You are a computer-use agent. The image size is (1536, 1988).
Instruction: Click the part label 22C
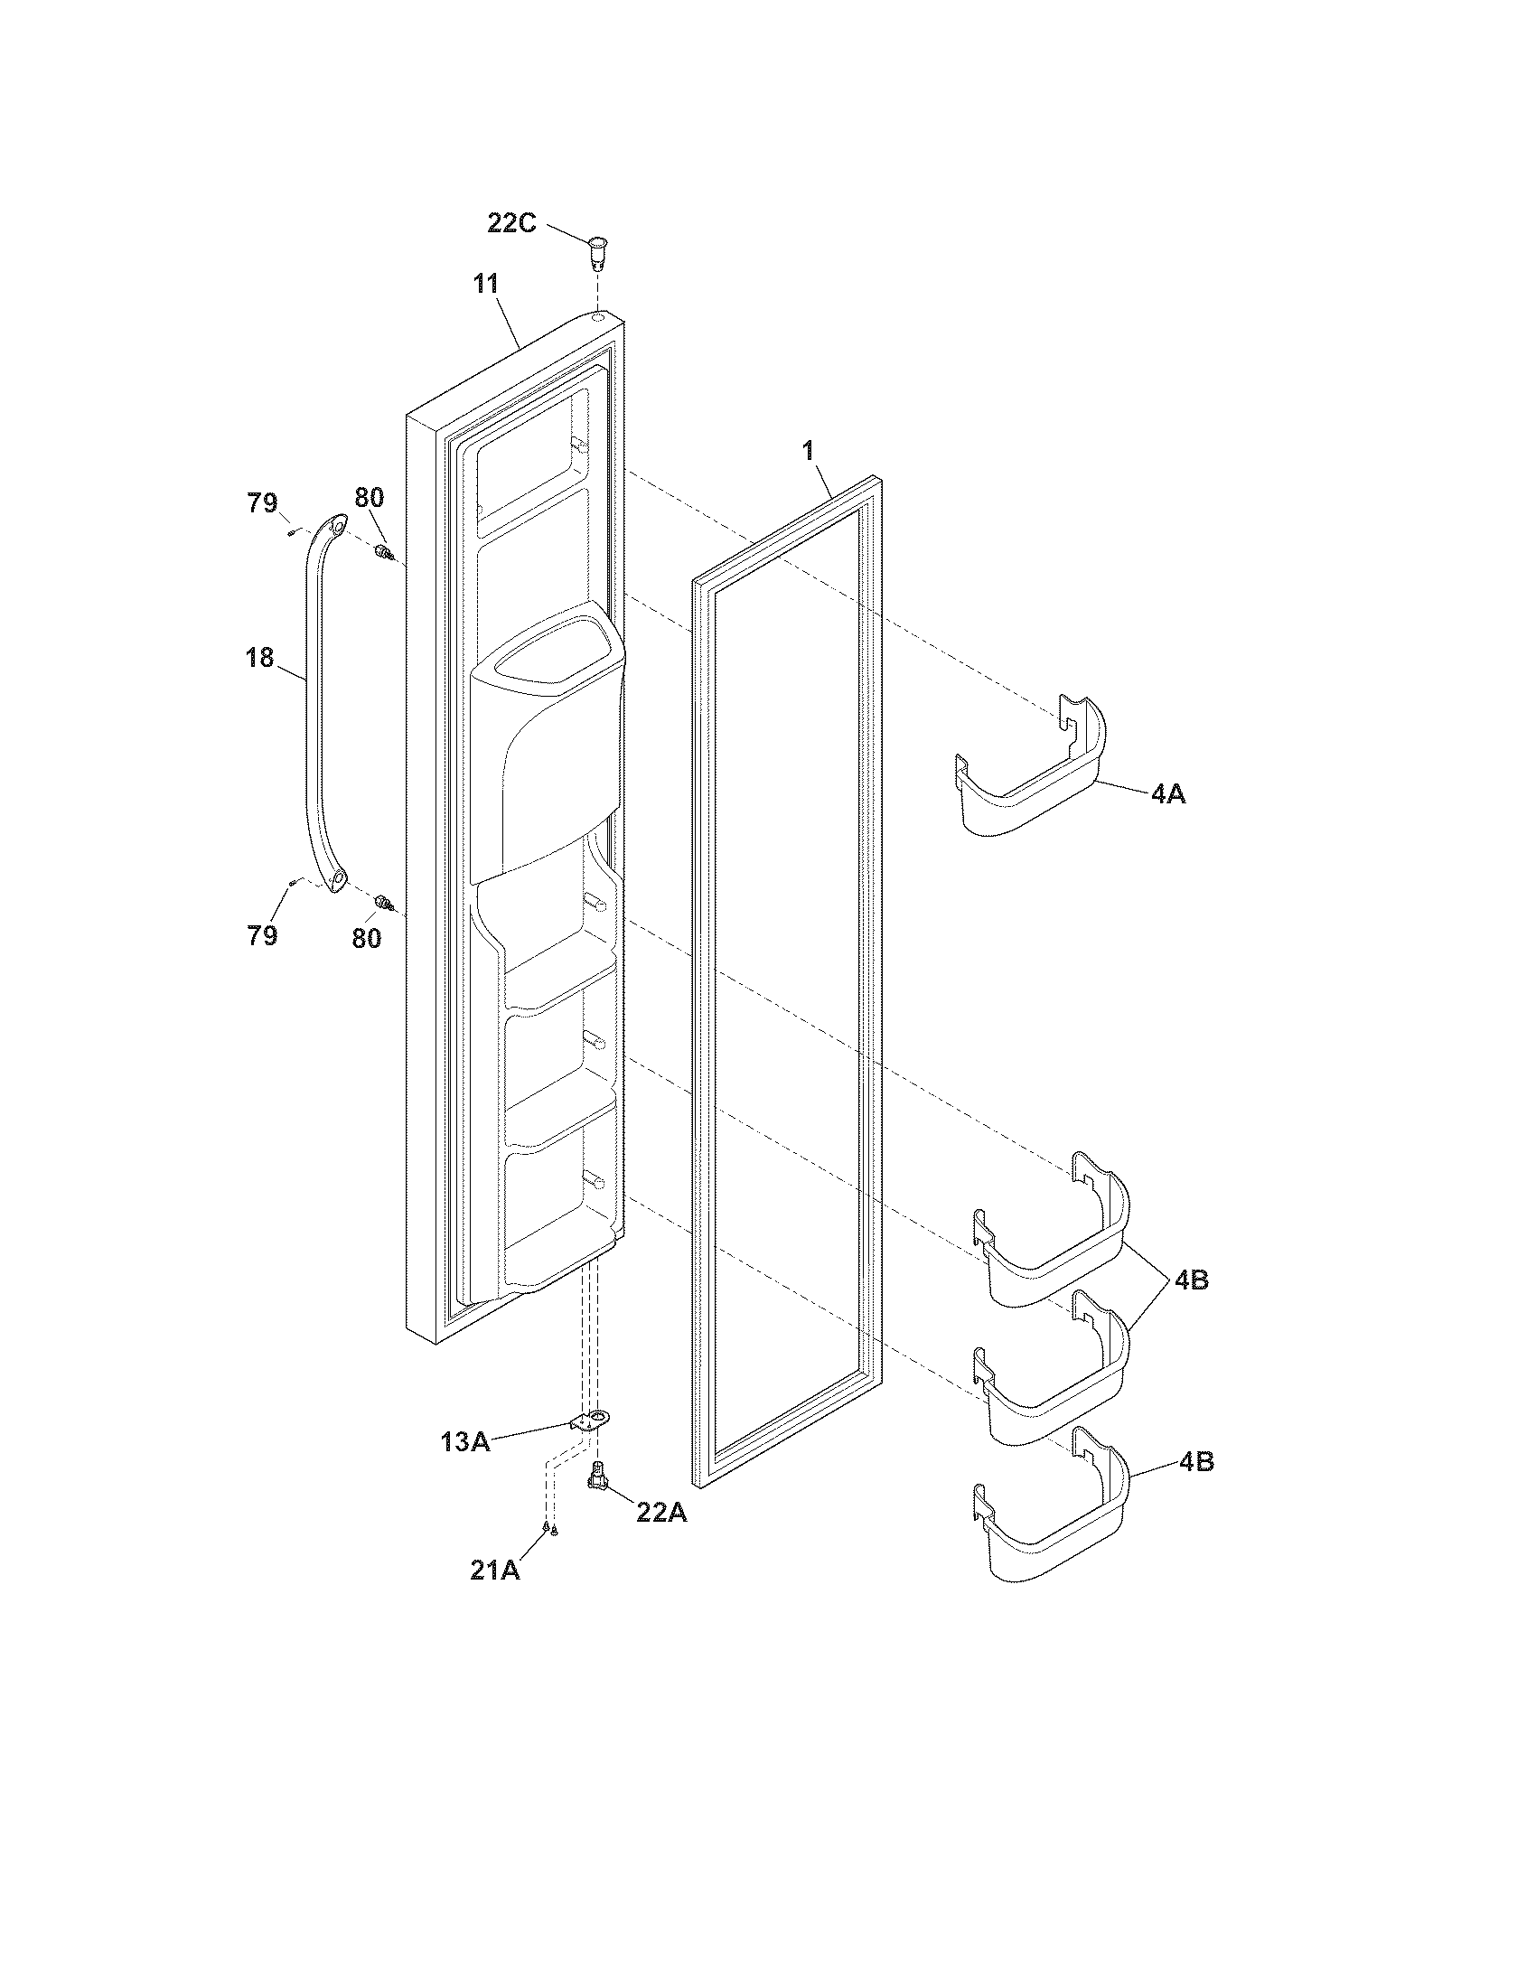pos(511,222)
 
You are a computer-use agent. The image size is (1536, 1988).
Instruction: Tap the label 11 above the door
pos(486,284)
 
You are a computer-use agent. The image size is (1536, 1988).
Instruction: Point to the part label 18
pos(260,657)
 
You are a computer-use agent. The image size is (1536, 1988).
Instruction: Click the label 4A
pos(1168,793)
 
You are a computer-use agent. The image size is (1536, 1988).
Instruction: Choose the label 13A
pos(467,1441)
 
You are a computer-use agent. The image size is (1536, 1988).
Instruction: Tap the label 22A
pos(661,1512)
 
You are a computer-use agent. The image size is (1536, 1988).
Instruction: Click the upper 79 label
pos(263,502)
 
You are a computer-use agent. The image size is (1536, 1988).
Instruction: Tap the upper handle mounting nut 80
pos(383,551)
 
